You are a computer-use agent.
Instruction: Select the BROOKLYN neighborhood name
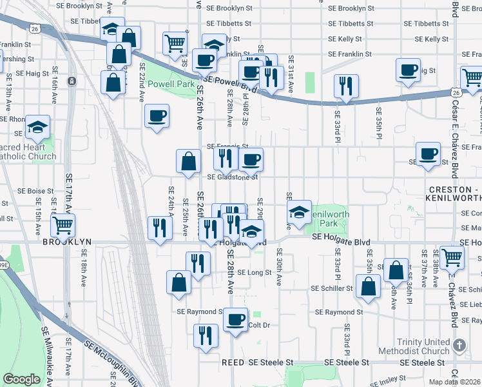pyautogui.click(x=67, y=242)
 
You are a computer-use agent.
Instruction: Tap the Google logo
pyautogui.click(x=21, y=379)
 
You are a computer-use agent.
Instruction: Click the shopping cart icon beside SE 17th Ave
pyautogui.click(x=64, y=225)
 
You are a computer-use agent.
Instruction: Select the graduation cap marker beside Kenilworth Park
pyautogui.click(x=299, y=212)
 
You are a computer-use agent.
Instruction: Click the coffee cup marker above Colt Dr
pyautogui.click(x=236, y=319)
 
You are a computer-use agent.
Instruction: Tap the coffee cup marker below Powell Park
pyautogui.click(x=157, y=117)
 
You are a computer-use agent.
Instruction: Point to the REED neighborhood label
pyautogui.click(x=233, y=363)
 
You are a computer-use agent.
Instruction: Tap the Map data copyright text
pyautogui.click(x=454, y=381)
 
